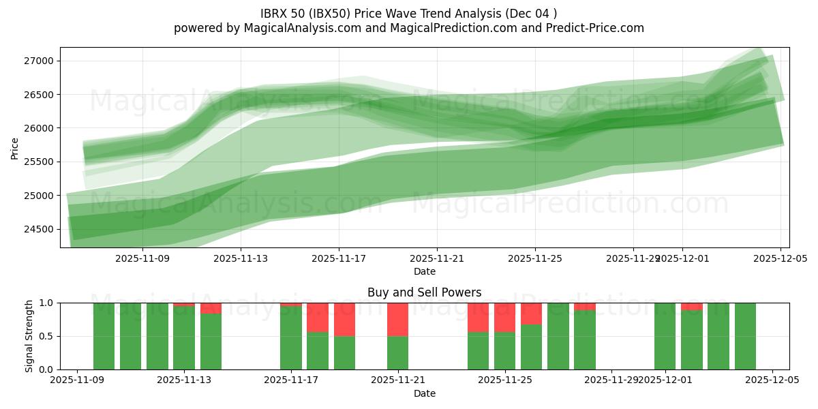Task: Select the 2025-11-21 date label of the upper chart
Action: pos(436,259)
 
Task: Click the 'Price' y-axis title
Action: pos(15,148)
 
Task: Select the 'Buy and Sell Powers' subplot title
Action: pos(424,292)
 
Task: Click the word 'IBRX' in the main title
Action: pos(275,13)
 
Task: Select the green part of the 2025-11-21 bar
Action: pos(397,353)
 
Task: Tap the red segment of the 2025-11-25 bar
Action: pos(504,317)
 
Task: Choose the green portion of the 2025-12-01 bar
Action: pos(665,336)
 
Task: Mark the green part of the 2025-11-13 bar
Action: pos(184,338)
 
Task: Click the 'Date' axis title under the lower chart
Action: pos(424,393)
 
